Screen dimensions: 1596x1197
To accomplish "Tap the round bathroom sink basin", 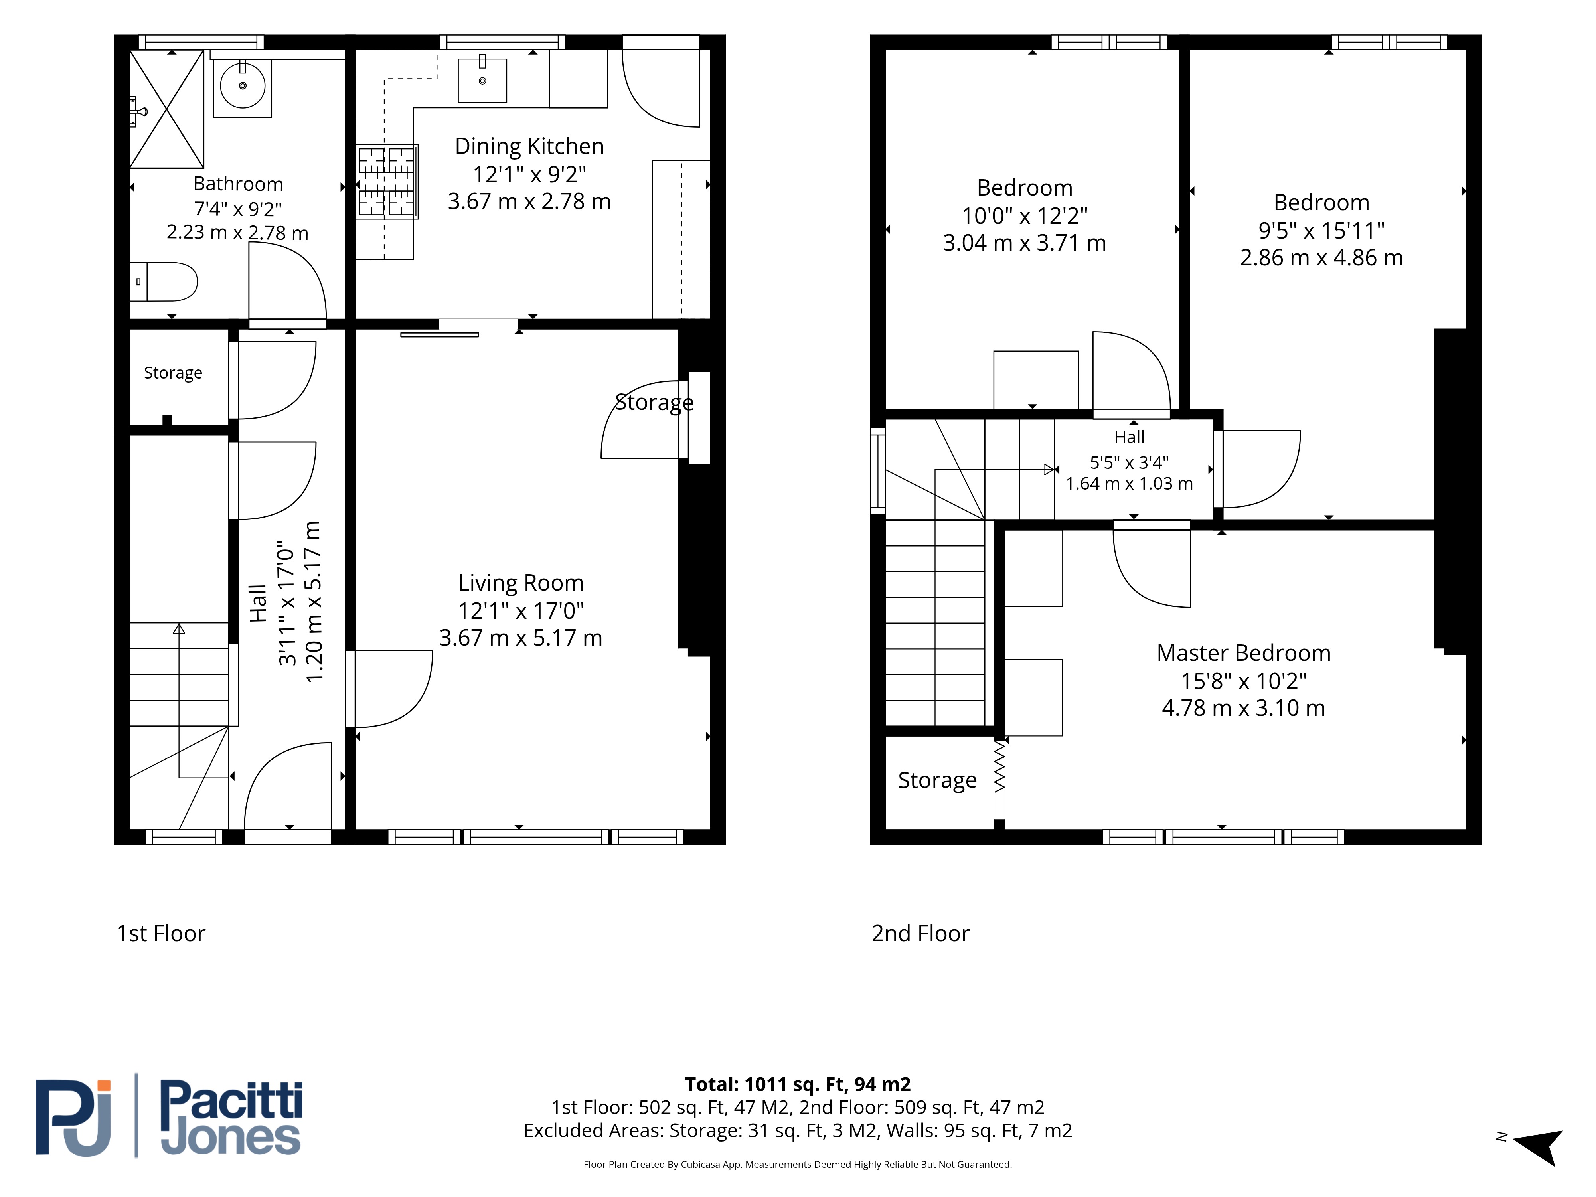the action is [x=243, y=85].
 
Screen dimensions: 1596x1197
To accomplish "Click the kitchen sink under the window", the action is [x=482, y=80].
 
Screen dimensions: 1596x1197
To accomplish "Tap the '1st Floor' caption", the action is [x=161, y=934].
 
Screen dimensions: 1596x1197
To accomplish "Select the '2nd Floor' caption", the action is [x=920, y=934].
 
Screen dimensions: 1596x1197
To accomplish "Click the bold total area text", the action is [x=798, y=1084].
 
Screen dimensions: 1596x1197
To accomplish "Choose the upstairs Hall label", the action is [x=1129, y=437].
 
